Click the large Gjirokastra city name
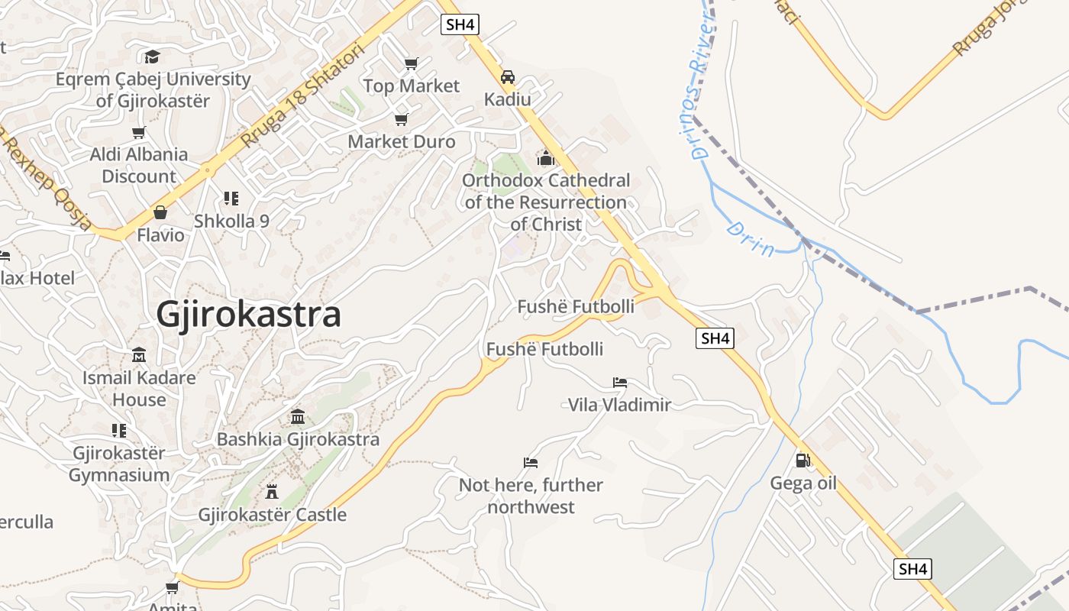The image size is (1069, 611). point(248,315)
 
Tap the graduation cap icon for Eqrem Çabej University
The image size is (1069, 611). point(152,57)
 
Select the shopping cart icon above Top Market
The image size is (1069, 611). point(412,63)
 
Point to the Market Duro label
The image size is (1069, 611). point(401,141)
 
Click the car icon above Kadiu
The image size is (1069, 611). point(507,76)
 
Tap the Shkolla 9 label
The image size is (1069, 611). point(231,221)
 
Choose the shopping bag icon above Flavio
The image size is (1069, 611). point(160,212)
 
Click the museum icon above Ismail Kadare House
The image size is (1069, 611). point(139,355)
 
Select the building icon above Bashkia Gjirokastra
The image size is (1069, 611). point(298,417)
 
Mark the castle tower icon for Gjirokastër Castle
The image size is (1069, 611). point(272,491)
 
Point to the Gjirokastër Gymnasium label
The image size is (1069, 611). point(119,464)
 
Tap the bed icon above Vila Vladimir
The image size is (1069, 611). point(619,382)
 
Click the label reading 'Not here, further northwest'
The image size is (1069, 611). point(531,496)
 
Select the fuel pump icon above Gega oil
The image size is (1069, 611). point(803,460)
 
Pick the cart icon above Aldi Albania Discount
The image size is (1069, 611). point(138,132)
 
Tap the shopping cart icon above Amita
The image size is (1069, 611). point(172,587)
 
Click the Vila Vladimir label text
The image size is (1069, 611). point(619,405)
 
